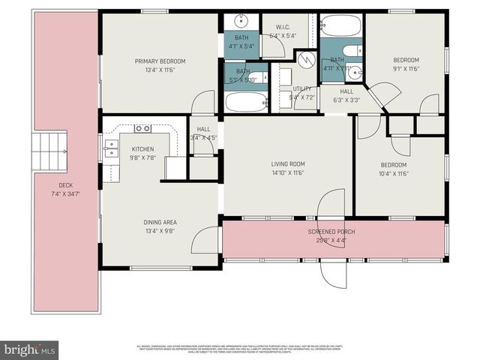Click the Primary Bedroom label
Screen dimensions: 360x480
coord(160,61)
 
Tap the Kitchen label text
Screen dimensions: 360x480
coord(142,149)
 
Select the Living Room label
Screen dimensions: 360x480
coord(287,164)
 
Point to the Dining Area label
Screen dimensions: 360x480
coord(160,222)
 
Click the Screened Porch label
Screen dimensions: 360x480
coord(331,232)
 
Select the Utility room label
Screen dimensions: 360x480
coord(301,89)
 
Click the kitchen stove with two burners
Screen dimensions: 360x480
coord(142,128)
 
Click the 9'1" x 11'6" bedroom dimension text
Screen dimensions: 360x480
coord(406,69)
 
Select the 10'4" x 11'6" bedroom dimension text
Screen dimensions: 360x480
coord(393,174)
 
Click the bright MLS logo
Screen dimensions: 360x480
coord(30,349)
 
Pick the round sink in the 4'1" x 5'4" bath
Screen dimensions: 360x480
coord(242,21)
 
